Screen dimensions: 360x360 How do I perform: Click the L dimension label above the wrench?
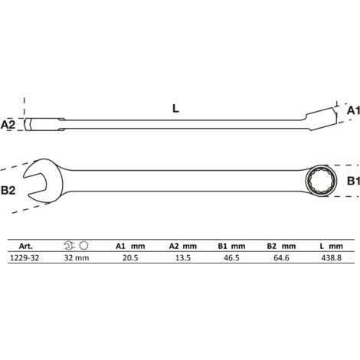[175, 109]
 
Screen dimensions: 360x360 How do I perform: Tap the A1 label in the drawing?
[354, 110]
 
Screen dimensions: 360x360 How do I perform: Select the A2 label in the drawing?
[8, 125]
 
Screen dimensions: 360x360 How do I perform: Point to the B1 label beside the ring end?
[354, 181]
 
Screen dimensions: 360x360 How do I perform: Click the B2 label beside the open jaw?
[8, 191]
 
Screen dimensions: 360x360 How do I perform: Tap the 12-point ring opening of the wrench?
[321, 181]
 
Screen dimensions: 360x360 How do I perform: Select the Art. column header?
[26, 247]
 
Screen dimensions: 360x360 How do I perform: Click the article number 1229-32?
[25, 258]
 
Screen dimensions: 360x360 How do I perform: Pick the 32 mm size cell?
[77, 258]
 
